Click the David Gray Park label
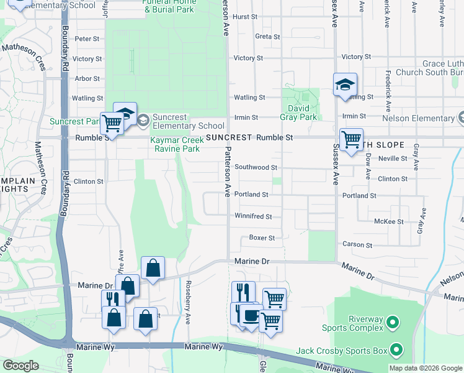coord(300,112)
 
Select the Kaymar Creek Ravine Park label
coord(175,144)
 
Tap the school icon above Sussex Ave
coord(345,86)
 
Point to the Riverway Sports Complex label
coord(351,323)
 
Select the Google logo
coord(21,366)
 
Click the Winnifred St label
coord(253,216)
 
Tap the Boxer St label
coord(261,237)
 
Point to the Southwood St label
coord(256,167)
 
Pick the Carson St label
coord(357,244)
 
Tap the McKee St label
coord(389,221)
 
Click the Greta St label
coord(268,37)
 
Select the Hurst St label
coord(245,17)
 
